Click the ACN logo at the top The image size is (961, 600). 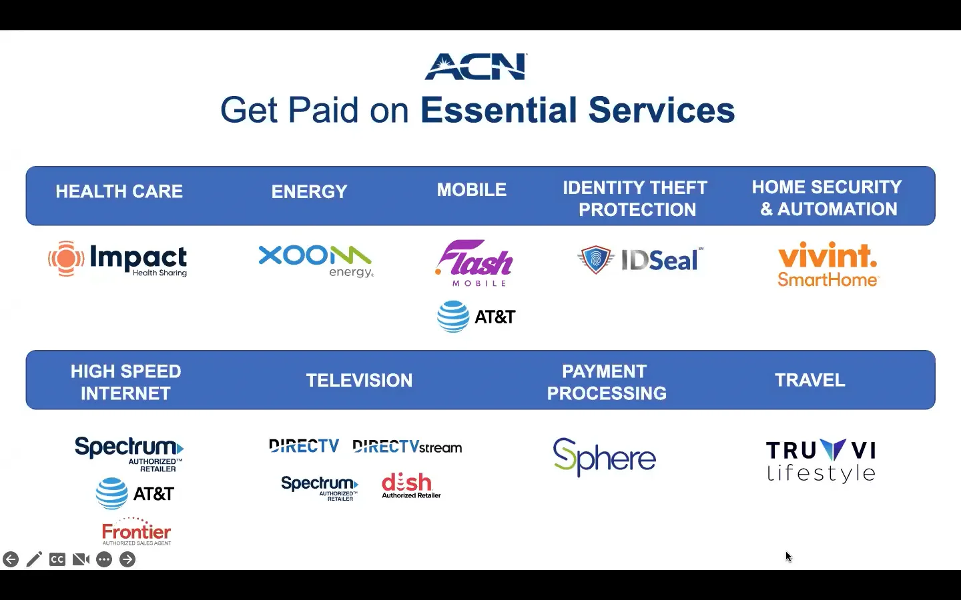(476, 67)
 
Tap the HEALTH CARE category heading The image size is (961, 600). (119, 192)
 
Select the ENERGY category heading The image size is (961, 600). (309, 192)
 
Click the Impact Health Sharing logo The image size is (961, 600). (118, 259)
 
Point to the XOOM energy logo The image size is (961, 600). (316, 261)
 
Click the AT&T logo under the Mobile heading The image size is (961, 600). (476, 317)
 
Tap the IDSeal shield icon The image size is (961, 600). (595, 259)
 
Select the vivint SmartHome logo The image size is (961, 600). (828, 265)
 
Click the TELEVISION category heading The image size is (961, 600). (359, 381)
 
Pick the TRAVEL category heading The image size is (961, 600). (810, 381)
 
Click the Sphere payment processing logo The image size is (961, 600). (605, 457)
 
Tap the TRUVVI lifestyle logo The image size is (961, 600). (821, 461)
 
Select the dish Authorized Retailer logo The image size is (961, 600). (410, 485)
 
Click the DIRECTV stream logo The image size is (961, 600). (407, 447)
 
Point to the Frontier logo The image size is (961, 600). (136, 532)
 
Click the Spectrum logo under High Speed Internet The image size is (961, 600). (129, 453)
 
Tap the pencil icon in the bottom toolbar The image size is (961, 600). (34, 559)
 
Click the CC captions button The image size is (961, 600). (57, 559)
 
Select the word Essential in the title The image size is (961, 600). (499, 111)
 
